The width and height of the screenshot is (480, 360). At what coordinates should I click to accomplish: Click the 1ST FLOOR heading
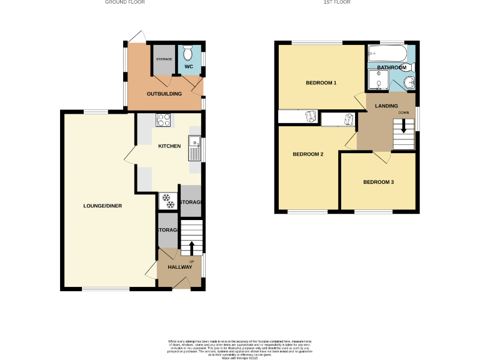point(337,2)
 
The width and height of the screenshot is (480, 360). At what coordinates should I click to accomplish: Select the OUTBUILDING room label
point(164,94)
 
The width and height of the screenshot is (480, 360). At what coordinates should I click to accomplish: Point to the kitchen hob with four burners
point(164,119)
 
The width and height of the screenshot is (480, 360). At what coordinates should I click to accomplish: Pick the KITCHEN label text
point(169,146)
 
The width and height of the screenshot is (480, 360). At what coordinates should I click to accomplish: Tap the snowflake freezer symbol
point(167,201)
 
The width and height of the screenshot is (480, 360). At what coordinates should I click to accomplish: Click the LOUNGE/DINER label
point(103,206)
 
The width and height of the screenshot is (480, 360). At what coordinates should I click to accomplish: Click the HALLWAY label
point(179,267)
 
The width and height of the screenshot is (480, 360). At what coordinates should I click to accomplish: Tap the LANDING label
point(386,106)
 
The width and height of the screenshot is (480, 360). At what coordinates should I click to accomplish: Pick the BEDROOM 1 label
point(321,83)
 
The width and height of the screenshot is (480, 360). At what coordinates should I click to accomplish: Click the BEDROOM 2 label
point(308,154)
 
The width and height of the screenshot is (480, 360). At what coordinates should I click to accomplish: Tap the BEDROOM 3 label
point(378,182)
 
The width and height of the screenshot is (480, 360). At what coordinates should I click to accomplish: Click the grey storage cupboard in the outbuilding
point(164,60)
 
